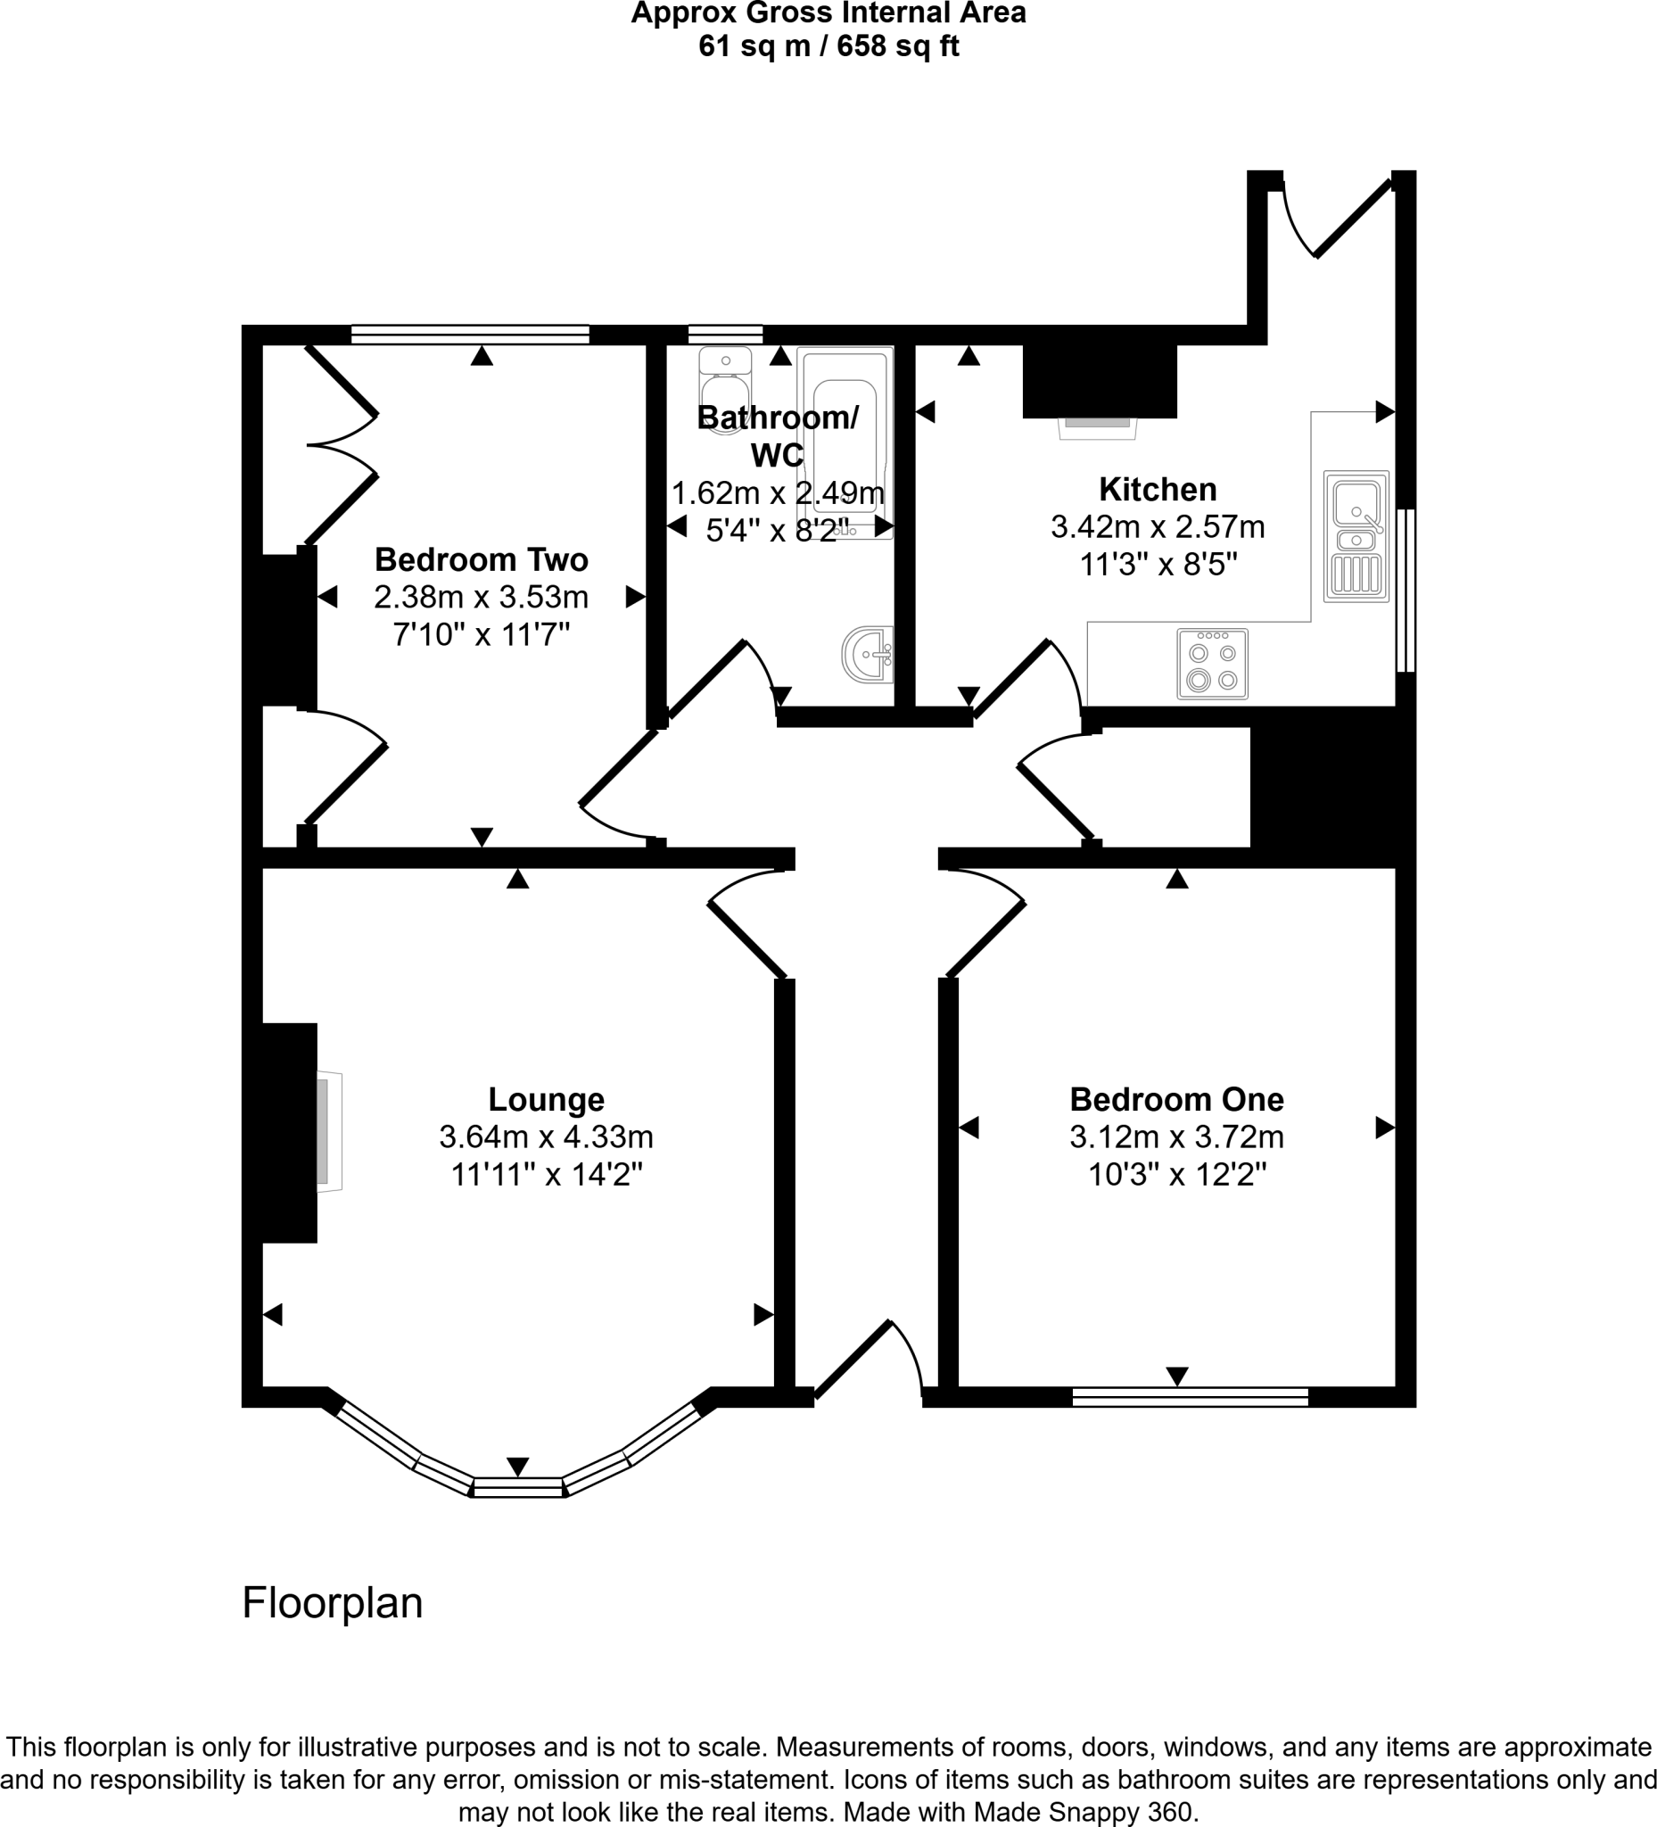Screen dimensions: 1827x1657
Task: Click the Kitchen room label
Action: pos(1157,490)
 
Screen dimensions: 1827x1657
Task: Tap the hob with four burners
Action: pos(1211,665)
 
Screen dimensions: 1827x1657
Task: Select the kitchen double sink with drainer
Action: pos(1356,535)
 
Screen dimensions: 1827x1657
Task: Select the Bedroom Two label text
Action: pos(481,560)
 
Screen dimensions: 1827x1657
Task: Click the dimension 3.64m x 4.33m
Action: pos(546,1137)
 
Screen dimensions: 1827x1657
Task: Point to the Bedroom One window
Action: pos(1190,1396)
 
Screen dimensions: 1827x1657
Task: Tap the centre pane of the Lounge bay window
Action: pos(517,1486)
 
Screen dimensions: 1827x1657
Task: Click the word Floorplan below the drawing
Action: pos(333,1602)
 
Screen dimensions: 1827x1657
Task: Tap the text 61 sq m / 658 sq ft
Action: pos(828,46)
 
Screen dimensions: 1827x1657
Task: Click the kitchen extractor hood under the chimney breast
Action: pos(1097,426)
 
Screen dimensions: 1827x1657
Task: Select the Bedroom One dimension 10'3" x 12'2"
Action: pos(1176,1175)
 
